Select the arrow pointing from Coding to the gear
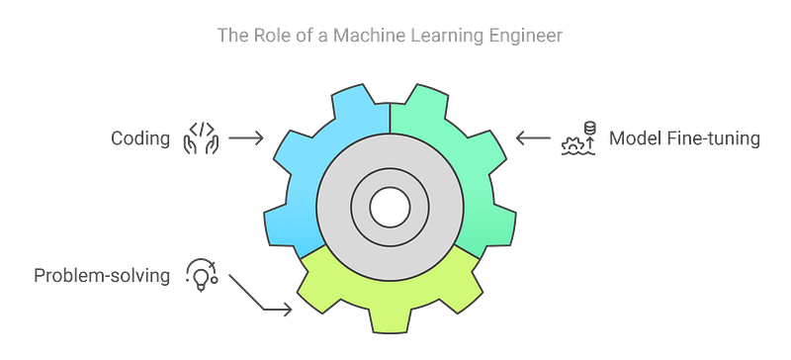point(246,139)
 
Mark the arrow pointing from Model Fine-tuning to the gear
point(535,139)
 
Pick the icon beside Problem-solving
point(202,272)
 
